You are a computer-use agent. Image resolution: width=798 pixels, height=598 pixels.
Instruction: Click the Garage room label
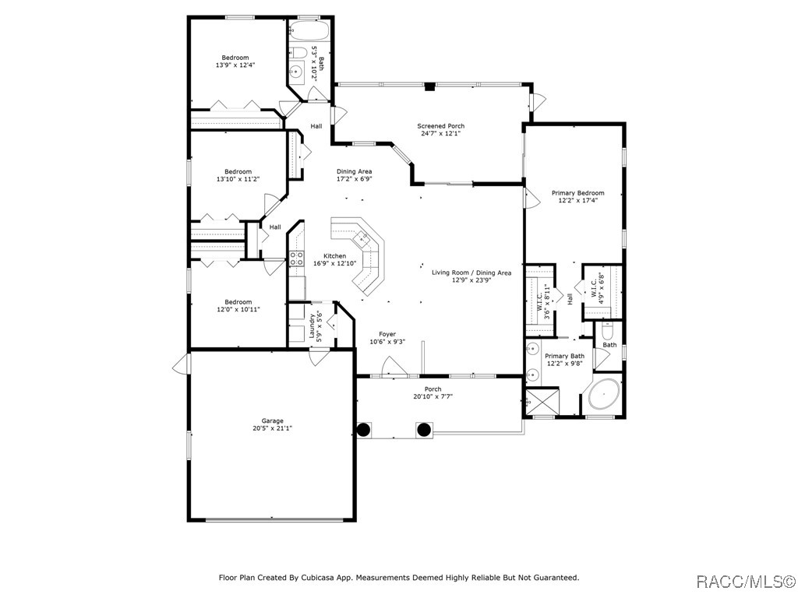tap(272, 420)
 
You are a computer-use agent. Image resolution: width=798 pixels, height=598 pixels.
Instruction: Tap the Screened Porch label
tap(440, 126)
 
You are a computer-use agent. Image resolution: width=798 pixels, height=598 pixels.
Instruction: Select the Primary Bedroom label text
tap(577, 193)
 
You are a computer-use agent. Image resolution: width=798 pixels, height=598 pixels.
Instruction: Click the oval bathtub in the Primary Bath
tap(604, 396)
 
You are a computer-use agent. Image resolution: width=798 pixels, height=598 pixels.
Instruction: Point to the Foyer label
tap(387, 334)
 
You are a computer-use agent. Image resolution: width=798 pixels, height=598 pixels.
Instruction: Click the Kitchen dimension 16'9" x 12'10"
tap(334, 264)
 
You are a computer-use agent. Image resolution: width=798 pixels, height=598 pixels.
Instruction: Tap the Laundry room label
tap(312, 328)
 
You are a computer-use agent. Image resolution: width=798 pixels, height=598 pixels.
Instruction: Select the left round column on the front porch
tap(364, 429)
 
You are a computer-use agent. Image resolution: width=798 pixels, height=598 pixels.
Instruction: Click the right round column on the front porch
tap(424, 429)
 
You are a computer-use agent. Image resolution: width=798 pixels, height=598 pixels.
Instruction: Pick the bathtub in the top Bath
tap(310, 31)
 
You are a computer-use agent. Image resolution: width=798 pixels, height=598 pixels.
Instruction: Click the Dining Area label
tap(354, 171)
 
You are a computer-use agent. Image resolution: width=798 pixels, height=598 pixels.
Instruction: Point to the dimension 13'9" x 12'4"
tap(235, 65)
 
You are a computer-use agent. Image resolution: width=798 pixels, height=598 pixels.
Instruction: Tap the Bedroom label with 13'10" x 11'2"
tap(238, 171)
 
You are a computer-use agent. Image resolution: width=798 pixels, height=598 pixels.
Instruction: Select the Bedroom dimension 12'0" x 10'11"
tap(238, 310)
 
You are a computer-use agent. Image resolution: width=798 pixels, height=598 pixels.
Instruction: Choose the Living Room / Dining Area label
tap(471, 273)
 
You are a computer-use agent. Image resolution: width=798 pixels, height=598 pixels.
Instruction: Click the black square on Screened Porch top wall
tap(429, 86)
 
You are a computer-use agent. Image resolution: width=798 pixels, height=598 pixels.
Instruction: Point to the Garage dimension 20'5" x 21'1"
tap(272, 429)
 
